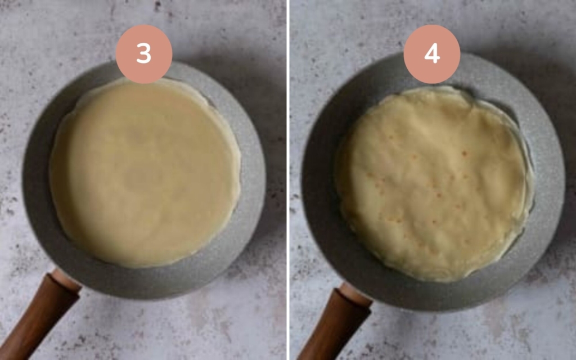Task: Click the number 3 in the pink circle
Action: coord(144,54)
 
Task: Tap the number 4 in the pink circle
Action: coord(432,54)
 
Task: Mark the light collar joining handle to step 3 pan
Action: coord(66,280)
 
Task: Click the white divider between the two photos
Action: coord(288,180)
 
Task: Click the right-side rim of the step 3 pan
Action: coord(253,169)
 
